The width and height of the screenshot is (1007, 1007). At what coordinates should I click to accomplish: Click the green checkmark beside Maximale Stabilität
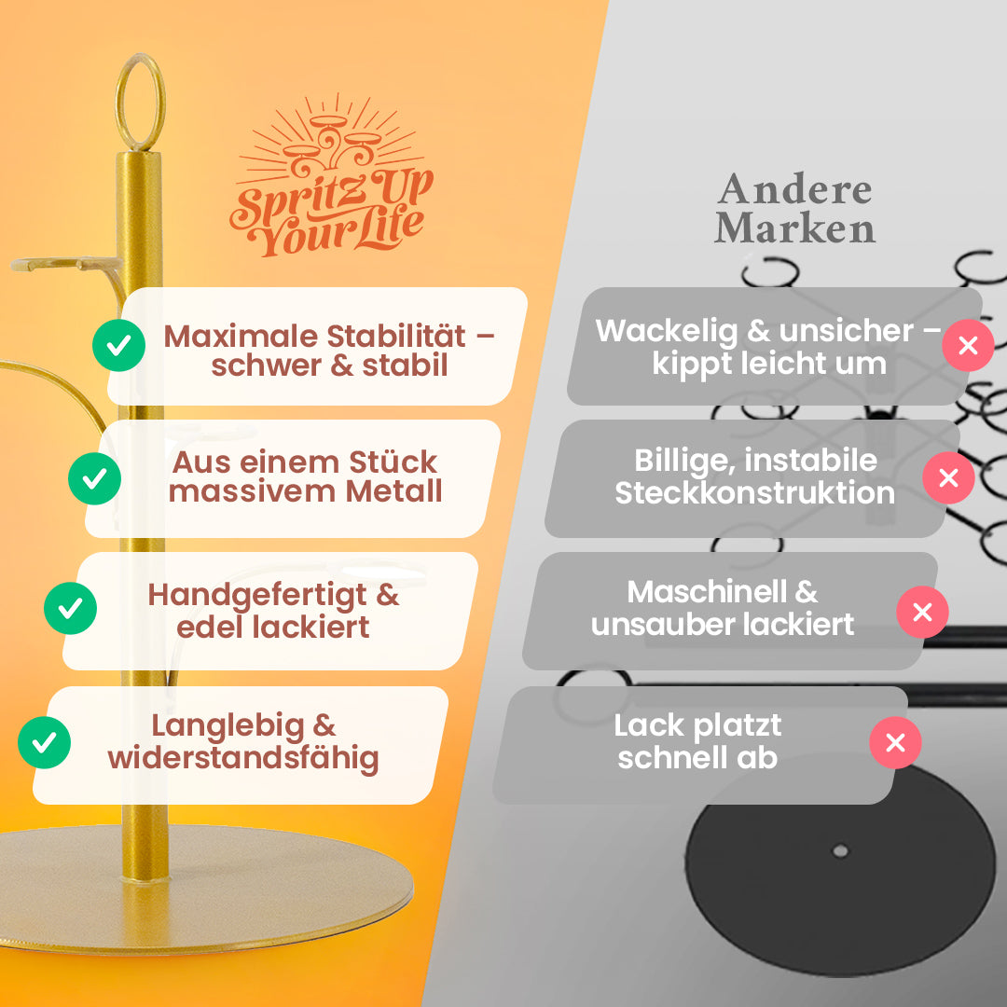[x=118, y=346]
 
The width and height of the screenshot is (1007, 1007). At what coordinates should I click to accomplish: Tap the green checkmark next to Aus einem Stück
[x=94, y=478]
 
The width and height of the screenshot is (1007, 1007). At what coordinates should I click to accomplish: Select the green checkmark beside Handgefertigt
[x=70, y=608]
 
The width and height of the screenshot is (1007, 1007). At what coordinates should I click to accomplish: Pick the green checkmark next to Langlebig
[x=44, y=742]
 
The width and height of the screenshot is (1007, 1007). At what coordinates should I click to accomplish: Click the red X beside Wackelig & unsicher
[x=968, y=346]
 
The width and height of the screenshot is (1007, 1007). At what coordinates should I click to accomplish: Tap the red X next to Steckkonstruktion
[x=948, y=478]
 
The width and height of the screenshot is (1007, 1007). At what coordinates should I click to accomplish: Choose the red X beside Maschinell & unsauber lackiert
[x=922, y=612]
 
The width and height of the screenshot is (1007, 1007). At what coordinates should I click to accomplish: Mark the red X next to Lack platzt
[x=895, y=742]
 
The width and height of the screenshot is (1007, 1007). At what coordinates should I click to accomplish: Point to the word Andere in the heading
[x=794, y=190]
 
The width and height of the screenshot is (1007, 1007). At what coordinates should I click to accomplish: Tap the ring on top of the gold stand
[x=140, y=100]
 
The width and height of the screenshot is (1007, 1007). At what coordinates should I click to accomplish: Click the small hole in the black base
[x=840, y=850]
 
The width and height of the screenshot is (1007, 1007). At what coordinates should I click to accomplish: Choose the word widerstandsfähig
[x=242, y=758]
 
